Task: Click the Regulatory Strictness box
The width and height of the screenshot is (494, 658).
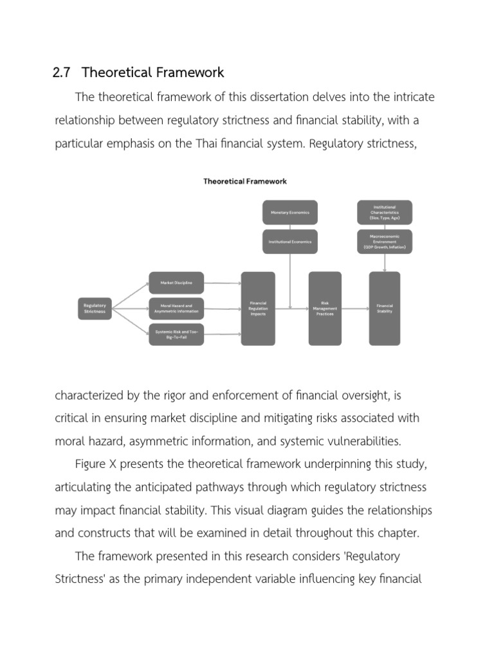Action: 95,308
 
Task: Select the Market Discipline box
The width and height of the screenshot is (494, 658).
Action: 176,283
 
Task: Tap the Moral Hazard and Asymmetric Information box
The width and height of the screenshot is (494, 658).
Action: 176,308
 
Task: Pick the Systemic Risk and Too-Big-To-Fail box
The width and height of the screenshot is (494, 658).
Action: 176,334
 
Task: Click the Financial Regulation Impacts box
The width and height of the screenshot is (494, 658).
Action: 258,308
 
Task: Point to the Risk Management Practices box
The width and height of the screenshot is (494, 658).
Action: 325,308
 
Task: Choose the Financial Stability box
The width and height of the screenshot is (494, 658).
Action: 385,308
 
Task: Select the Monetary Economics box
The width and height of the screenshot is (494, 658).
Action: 289,212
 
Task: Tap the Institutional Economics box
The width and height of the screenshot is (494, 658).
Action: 289,242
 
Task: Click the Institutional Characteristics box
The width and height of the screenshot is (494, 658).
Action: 385,212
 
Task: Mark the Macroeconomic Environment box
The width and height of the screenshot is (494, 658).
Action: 385,242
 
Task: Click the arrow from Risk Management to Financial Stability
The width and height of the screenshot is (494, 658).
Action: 355,308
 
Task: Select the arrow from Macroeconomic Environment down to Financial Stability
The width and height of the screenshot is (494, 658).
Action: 385,262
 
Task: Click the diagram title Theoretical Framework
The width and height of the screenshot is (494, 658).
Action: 245,181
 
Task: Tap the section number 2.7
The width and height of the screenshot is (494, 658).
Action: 61,73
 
